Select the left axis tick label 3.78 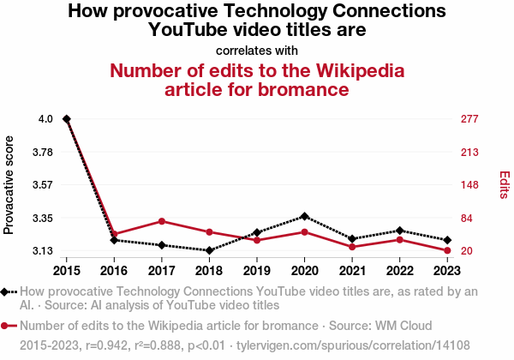coord(42,153)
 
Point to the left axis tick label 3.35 coord(42,219)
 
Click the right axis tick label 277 coord(469,119)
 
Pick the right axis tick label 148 coord(469,185)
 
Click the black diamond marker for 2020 coord(304,216)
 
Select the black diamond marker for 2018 coord(209,250)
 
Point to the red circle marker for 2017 coord(162,221)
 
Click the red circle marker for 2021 coord(352,247)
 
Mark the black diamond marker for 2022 coord(399,231)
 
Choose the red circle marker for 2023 coord(447,250)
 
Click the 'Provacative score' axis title coord(9,185)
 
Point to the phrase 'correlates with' coord(256,50)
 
